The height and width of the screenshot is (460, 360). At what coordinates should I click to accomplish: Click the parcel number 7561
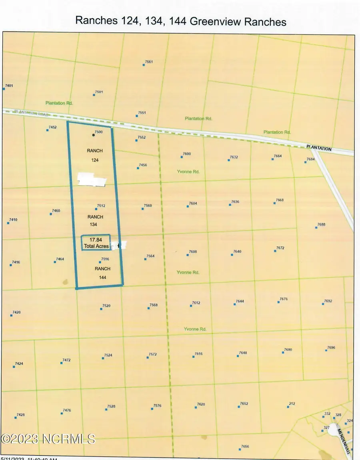149,62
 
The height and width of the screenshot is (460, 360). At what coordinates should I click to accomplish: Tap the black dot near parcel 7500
94,135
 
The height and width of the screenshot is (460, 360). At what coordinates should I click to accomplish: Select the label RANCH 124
95,155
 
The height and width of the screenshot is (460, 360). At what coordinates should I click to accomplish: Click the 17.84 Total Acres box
96,243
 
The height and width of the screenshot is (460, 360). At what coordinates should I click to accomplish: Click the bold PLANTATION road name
319,148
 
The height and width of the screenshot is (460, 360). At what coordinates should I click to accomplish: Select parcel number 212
292,404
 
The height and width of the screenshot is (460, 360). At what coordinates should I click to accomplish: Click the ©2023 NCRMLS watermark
48,439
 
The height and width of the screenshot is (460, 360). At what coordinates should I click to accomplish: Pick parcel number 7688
321,225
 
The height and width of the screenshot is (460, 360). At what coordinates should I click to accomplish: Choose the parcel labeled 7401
9,86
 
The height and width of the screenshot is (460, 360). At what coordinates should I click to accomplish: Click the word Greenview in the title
213,22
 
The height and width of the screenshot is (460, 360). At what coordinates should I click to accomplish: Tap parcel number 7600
186,154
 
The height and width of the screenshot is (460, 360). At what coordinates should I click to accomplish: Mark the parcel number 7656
245,446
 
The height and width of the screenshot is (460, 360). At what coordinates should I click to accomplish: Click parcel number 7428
20,415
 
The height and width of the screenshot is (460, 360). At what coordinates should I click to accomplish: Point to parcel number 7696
331,348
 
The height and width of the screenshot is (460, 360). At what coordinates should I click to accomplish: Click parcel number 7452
52,127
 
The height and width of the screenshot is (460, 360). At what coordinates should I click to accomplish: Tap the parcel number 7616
198,354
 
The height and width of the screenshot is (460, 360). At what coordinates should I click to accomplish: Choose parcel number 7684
311,159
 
